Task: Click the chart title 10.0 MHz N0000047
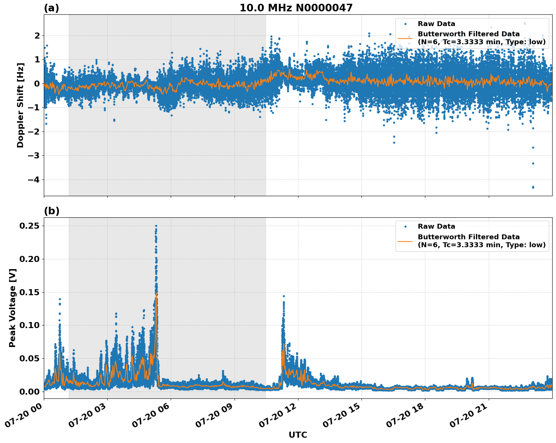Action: (x=296, y=8)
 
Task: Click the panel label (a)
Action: (x=51, y=8)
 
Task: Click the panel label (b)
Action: (x=51, y=211)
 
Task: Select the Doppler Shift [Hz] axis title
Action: (x=20, y=105)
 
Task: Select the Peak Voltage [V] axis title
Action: (x=12, y=308)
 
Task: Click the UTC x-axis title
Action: (x=298, y=435)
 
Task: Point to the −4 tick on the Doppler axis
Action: (x=34, y=180)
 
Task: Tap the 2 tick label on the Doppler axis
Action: (x=37, y=36)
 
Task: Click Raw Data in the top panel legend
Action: (x=436, y=24)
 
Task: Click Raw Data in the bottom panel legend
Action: (x=436, y=226)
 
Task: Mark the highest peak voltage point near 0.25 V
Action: (x=156, y=226)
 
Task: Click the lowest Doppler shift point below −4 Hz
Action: (x=533, y=187)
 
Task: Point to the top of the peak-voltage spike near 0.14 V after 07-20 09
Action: (x=284, y=296)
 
